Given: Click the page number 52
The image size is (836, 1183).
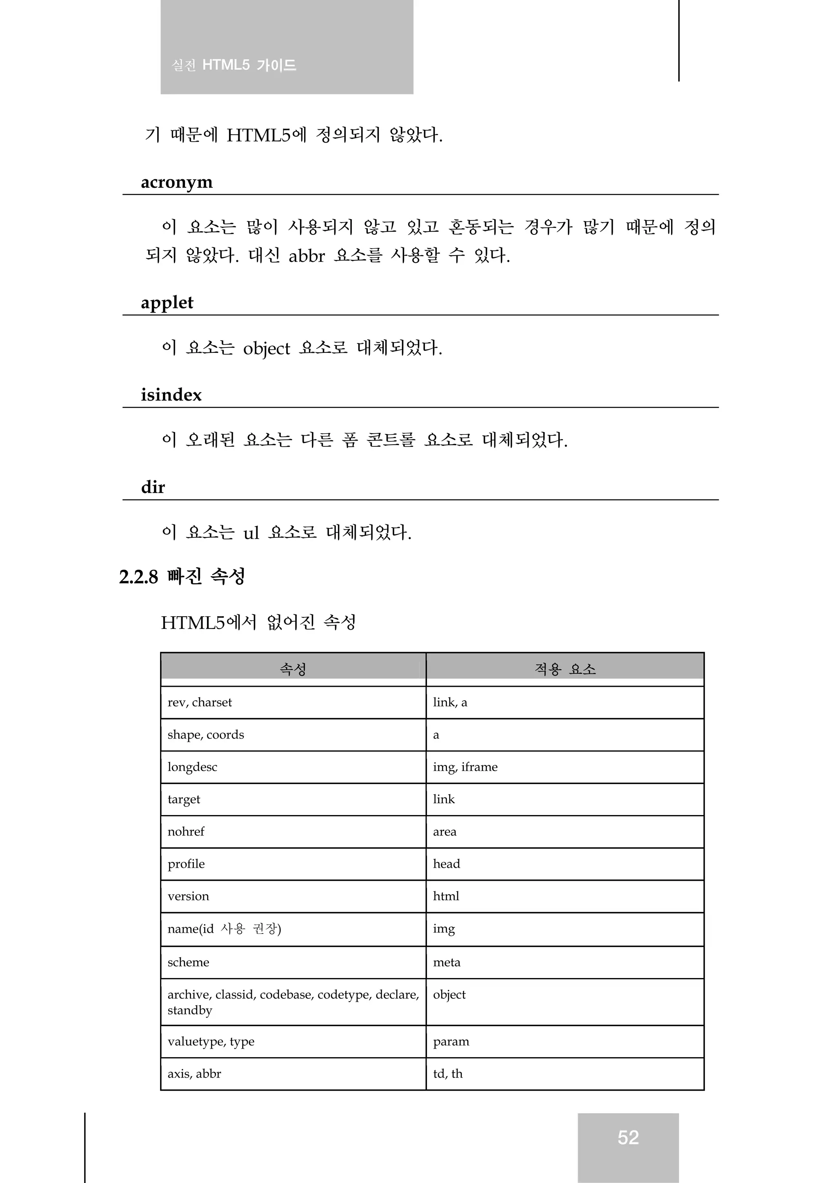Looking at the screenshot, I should coord(628,1137).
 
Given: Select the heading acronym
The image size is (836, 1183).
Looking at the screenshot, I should coord(177,183).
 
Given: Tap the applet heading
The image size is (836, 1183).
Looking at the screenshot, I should coord(167,303).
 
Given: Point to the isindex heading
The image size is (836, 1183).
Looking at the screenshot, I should coord(171,395).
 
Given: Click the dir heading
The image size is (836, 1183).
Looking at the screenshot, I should coord(153,487).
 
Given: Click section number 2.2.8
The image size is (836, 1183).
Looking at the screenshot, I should coord(138,577).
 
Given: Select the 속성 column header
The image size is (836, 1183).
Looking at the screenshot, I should coord(293,669).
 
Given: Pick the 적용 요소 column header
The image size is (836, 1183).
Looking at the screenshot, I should coord(565,669).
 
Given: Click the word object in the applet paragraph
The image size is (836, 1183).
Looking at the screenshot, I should coord(266,349).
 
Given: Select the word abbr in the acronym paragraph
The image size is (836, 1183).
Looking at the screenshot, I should coord(307,256).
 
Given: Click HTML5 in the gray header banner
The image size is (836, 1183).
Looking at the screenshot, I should coord(226,65).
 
